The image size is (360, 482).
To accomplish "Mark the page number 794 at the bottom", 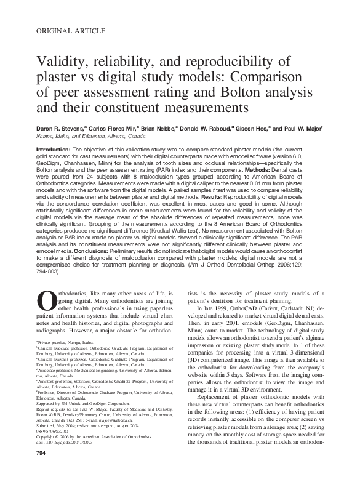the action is (x=42, y=470).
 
